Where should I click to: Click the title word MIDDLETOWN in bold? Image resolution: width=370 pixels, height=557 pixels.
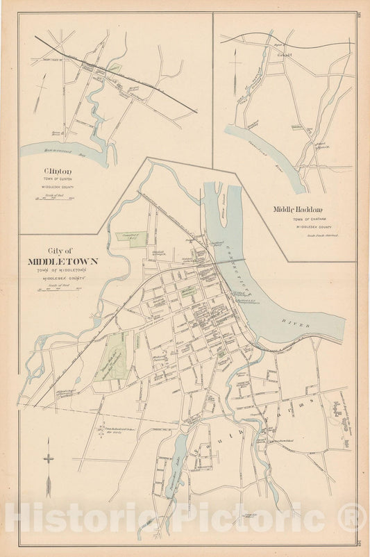[62, 262]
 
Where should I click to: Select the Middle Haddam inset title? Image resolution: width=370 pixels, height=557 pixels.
[297, 209]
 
